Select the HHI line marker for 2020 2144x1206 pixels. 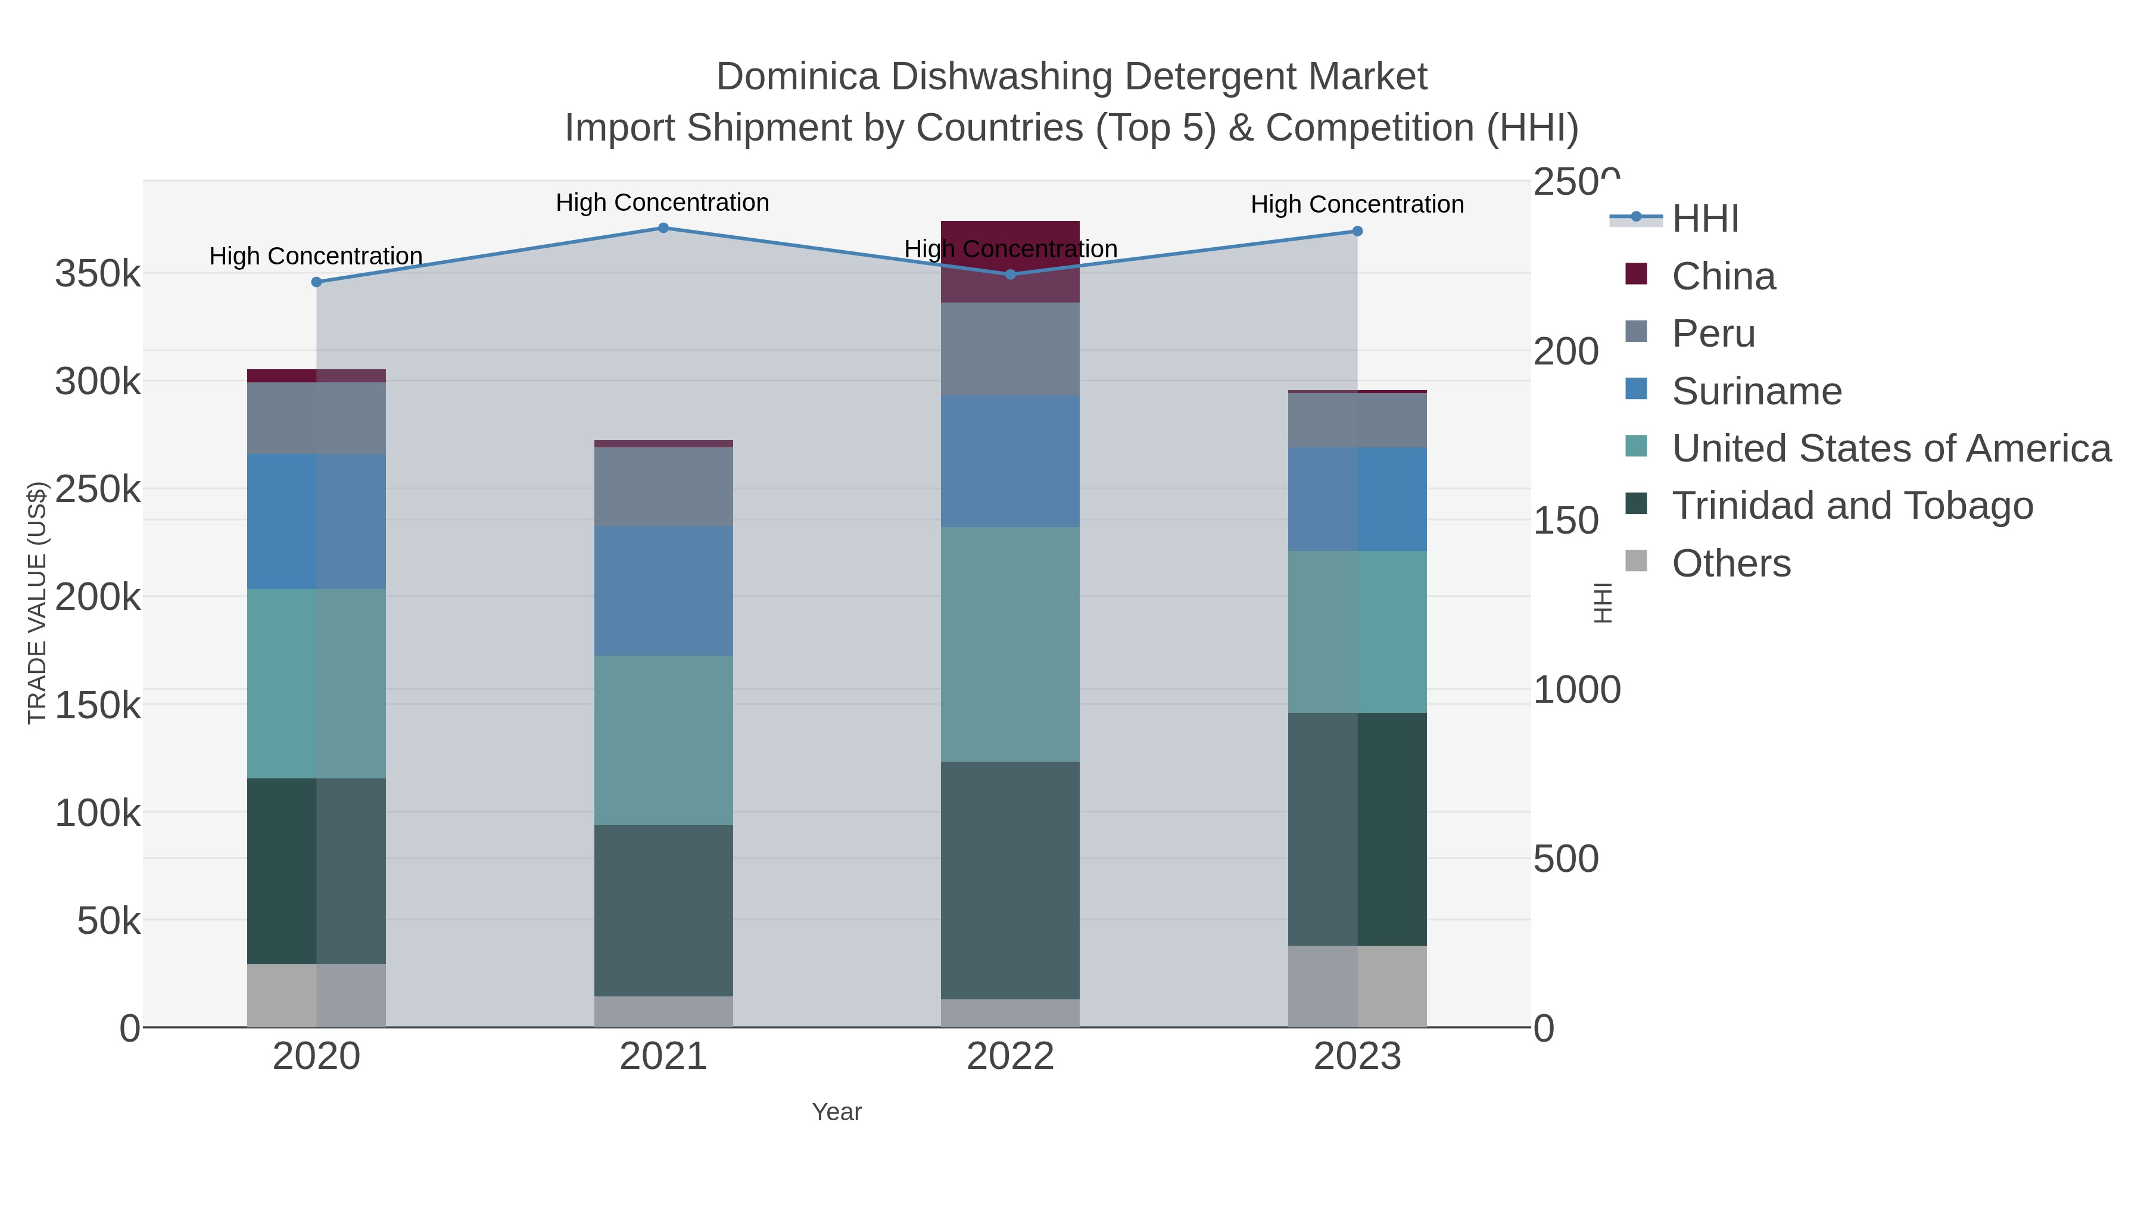[x=316, y=282]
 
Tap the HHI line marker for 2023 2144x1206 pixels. [x=1357, y=232]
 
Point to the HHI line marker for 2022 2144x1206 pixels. [x=1011, y=275]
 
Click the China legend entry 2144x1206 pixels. [x=1723, y=276]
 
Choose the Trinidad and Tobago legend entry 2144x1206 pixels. [x=1852, y=506]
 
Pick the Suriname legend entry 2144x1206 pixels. [x=1756, y=391]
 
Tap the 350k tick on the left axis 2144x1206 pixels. [x=98, y=274]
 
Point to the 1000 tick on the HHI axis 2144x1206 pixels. [x=1576, y=690]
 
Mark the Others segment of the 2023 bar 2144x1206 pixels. [x=1357, y=986]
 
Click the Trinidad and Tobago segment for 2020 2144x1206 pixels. [x=316, y=871]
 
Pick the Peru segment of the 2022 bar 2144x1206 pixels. [x=1011, y=349]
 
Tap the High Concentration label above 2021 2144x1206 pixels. [x=662, y=203]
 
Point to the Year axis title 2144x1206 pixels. [x=837, y=1112]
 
